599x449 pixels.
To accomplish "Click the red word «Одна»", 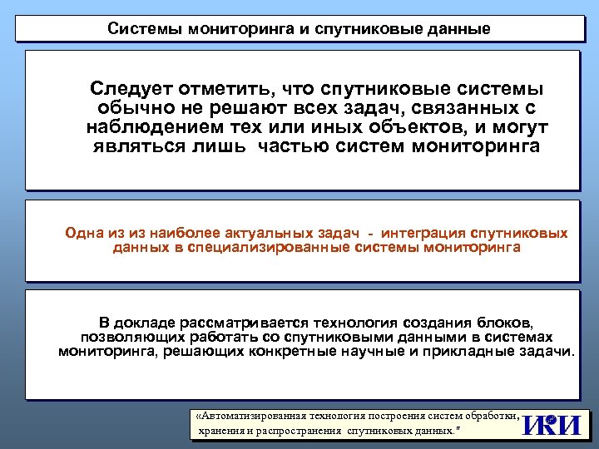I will point(84,234).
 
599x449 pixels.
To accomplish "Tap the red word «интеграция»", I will point(423,234).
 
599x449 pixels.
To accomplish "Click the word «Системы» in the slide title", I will point(141,29).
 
